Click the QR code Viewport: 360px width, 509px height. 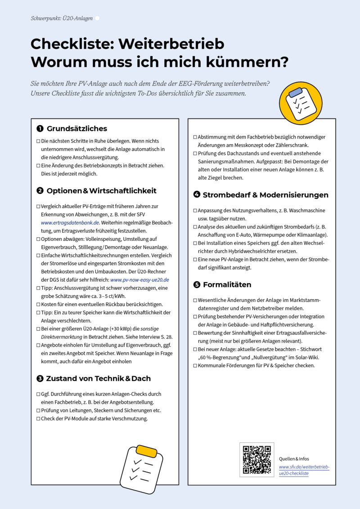click(x=257, y=460)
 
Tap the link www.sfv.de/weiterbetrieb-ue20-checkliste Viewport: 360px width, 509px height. click(x=304, y=470)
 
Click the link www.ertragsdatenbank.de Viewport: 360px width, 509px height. click(x=70, y=222)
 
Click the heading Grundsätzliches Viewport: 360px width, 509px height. click(x=77, y=129)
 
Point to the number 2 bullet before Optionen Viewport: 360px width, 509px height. click(x=40, y=191)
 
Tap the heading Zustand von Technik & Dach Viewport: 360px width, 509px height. click(x=99, y=378)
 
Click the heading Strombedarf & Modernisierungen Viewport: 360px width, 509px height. click(x=265, y=195)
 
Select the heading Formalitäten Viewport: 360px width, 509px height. click(x=227, y=285)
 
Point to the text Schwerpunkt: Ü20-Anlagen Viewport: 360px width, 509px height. click(x=62, y=18)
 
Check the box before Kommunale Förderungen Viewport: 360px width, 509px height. click(x=195, y=365)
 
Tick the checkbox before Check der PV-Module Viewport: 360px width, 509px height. click(x=38, y=419)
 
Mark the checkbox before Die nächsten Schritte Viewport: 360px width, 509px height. click(x=38, y=141)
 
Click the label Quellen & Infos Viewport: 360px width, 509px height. click(x=294, y=459)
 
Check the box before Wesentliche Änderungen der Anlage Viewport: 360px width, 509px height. click(x=195, y=300)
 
